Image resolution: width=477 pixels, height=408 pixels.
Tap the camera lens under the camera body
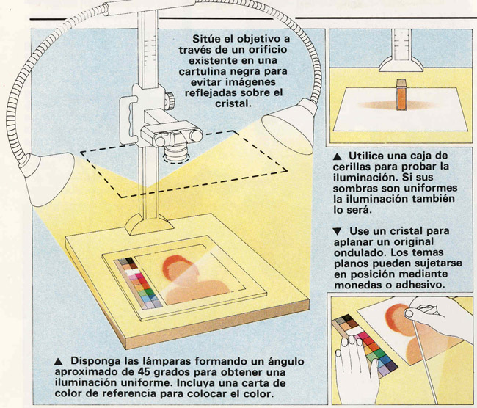(x=176, y=153)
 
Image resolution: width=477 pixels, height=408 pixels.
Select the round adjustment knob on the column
(x=170, y=101)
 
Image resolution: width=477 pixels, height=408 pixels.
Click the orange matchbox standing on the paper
(x=401, y=95)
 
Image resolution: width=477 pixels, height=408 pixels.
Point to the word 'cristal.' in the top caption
(x=233, y=103)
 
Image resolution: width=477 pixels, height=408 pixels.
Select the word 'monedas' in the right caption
(x=354, y=285)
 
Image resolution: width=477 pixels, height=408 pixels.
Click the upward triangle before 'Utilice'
(x=337, y=156)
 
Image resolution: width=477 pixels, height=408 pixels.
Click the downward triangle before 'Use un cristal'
(x=338, y=232)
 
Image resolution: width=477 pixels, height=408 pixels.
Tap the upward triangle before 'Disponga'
(x=59, y=362)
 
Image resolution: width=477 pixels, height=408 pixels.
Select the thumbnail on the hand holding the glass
(x=408, y=313)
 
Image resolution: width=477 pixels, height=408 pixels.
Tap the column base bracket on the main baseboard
(x=149, y=225)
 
